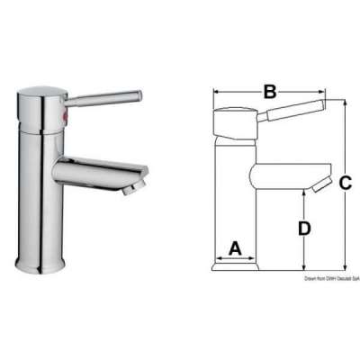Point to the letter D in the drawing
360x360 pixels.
point(304,228)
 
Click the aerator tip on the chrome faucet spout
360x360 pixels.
point(131,186)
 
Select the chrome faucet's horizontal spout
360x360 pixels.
point(94,170)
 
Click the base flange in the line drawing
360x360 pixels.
point(236,267)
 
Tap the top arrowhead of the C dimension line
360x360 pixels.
point(345,103)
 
